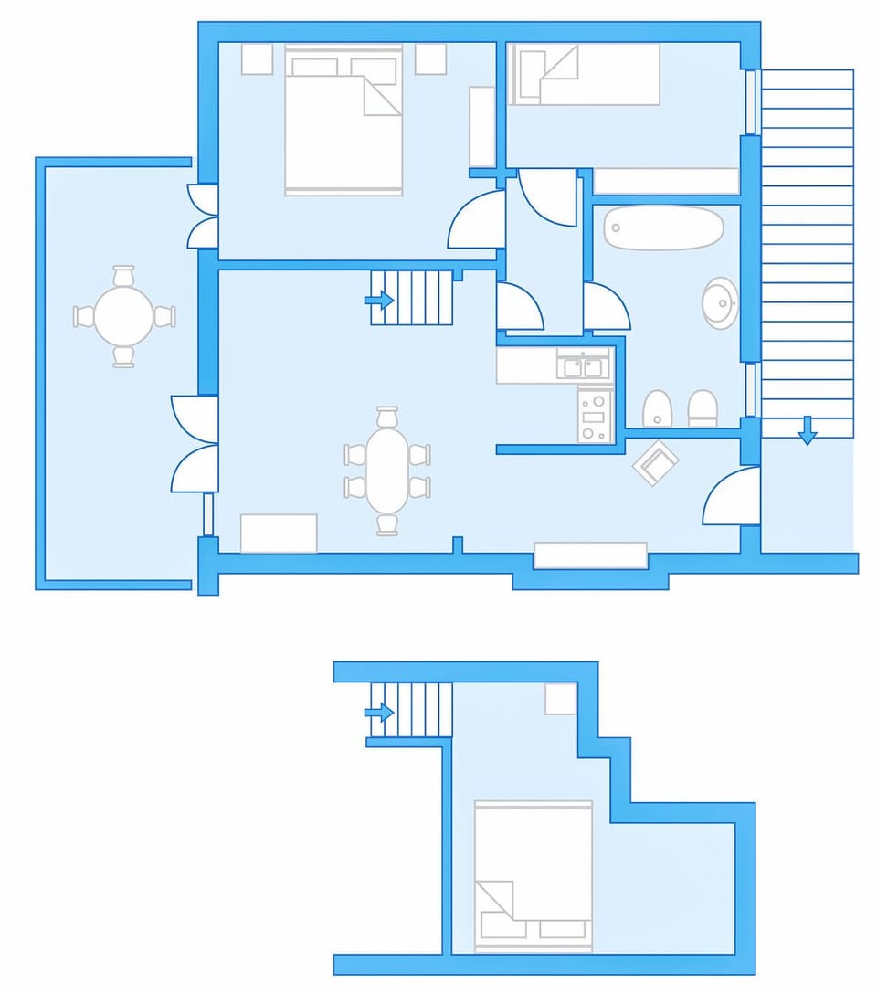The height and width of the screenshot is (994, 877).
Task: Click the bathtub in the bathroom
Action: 663,227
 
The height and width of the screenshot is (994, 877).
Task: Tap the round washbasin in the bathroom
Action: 720,302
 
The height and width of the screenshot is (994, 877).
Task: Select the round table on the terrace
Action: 124,316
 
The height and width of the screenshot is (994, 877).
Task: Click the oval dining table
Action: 387,471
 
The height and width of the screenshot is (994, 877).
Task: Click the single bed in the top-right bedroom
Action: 586,74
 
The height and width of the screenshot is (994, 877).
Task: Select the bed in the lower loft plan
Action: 534,876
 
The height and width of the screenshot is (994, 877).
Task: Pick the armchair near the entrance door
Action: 656,463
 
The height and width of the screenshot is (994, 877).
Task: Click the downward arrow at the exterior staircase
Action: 807,429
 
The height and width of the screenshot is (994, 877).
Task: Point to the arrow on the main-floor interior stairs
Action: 378,300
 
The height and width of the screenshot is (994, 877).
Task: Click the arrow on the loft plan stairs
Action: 378,712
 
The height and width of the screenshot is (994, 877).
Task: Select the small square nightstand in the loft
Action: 561,699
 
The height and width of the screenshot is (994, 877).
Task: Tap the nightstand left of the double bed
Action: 257,59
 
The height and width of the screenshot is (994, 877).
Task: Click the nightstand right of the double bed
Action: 430,59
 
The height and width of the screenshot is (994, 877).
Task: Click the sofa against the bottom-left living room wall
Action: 279,534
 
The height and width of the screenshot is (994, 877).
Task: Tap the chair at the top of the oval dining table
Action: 387,417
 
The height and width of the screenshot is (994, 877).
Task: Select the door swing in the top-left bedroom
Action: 477,222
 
